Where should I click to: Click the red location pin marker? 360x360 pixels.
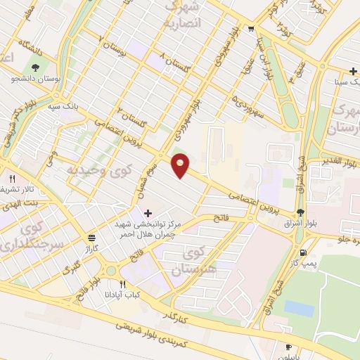[181, 165]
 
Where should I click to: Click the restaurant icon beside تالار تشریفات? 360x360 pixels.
[11, 179]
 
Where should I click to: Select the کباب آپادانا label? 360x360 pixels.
[124, 294]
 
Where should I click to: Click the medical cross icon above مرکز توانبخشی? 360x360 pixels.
[147, 212]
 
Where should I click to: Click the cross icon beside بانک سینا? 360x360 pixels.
[352, 70]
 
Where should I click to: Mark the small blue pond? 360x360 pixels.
[300, 308]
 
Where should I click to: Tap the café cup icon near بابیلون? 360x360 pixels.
[288, 347]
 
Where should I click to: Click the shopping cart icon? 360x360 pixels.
[251, 29]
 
